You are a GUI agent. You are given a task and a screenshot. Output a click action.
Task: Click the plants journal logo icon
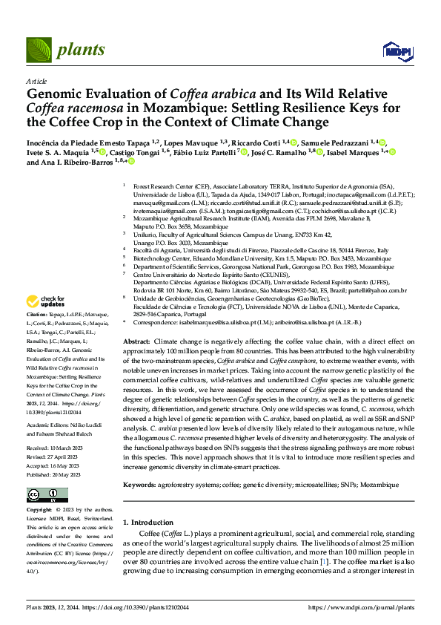coord(39,50)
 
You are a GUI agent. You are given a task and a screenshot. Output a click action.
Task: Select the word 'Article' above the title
coord(36,81)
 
